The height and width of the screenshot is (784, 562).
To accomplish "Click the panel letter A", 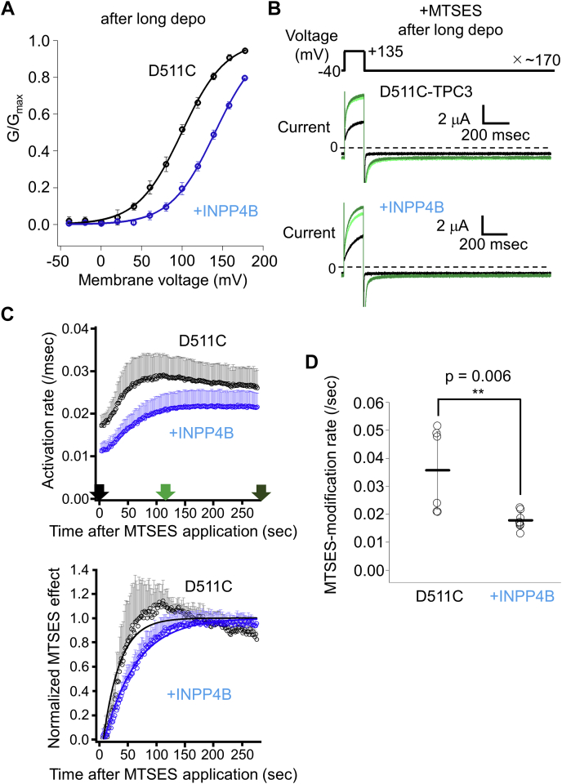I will pyautogui.click(x=11, y=11).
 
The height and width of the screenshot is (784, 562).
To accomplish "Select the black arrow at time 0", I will pyautogui.click(x=99, y=491).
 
